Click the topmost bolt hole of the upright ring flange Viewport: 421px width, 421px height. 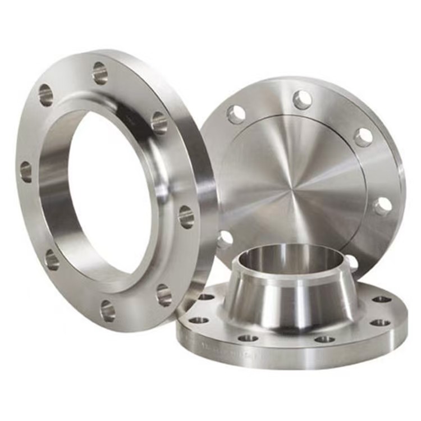point(100,73)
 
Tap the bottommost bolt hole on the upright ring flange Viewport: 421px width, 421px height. point(108,310)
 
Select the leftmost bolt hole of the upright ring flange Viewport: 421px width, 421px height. point(26,171)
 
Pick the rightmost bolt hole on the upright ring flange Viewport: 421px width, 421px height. point(186,217)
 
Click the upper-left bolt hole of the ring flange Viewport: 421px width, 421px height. point(45,95)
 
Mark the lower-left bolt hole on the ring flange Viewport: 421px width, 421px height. point(52,259)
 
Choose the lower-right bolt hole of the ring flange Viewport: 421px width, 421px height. point(164,295)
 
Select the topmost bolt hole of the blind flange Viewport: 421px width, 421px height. point(302,100)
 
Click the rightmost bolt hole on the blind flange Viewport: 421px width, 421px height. point(383,205)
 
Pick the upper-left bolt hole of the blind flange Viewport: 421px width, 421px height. point(236,114)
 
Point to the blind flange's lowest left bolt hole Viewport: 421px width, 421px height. point(225,240)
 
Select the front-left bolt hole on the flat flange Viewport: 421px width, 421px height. point(248,338)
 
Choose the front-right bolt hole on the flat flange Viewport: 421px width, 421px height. point(324,339)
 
